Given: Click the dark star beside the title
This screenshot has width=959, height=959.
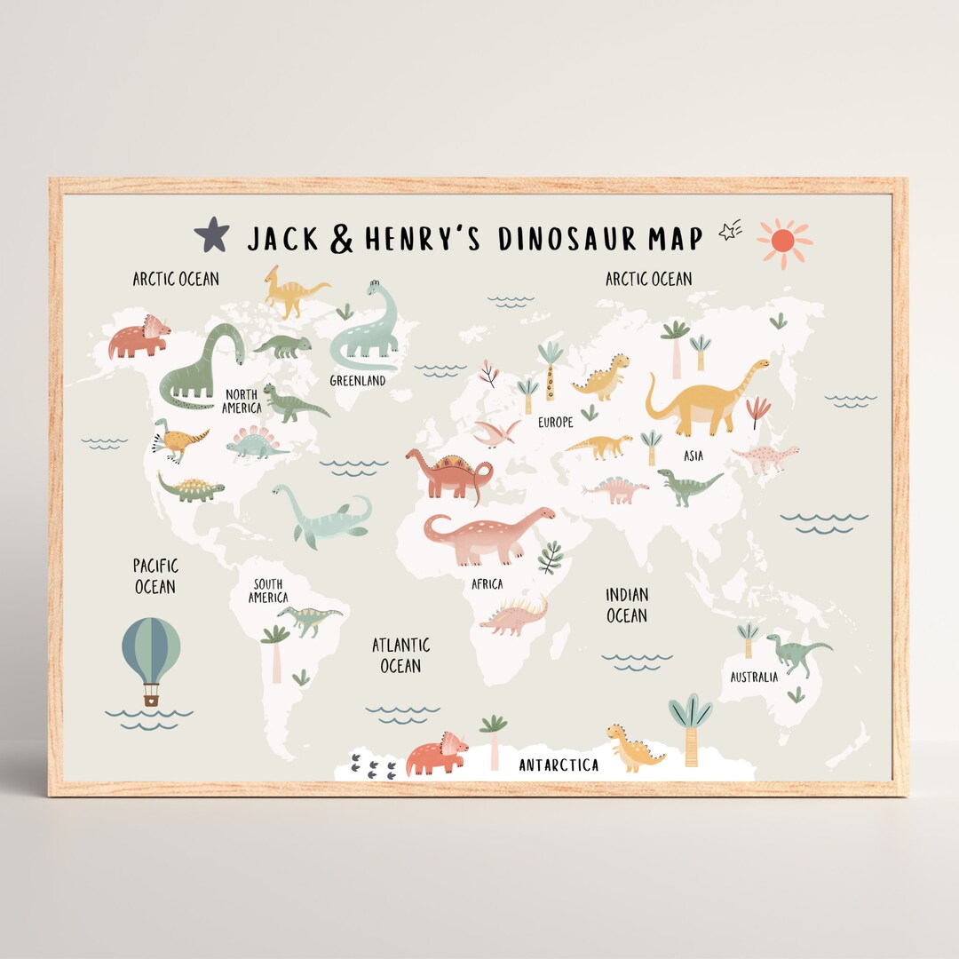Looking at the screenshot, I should [211, 235].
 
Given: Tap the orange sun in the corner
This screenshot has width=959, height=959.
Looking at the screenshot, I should [783, 241].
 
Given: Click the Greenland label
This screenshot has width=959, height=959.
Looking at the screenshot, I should [358, 381].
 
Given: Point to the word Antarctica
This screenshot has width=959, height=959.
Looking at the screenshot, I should [559, 765].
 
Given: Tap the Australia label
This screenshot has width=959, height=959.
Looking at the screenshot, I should [754, 677].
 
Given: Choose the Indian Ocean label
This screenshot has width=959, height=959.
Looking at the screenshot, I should [627, 605].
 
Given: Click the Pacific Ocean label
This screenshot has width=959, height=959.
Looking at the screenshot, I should [155, 576].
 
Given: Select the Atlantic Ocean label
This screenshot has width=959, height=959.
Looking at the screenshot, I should [400, 654].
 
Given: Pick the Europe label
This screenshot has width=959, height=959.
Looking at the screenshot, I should [556, 423].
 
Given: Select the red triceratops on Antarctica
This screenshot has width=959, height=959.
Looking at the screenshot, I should [436, 755].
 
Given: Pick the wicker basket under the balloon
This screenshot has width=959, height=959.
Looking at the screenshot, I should [151, 699].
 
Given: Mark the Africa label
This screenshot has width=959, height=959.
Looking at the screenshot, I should [487, 584].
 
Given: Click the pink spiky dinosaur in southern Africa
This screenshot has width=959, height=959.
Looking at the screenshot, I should [514, 617].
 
